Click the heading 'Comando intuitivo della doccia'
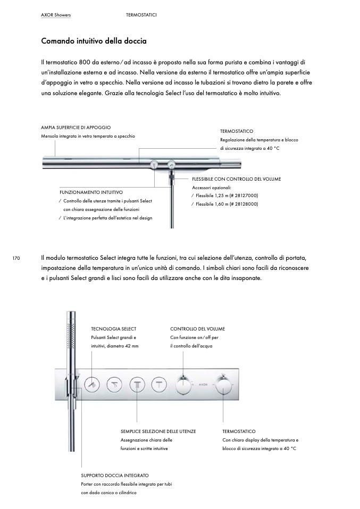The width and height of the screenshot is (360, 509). pyautogui.click(x=94, y=41)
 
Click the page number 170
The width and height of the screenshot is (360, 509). pyautogui.click(x=16, y=259)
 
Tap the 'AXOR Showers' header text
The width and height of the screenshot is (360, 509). pyautogui.click(x=56, y=15)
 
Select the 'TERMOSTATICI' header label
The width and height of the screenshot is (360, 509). pyautogui.click(x=141, y=15)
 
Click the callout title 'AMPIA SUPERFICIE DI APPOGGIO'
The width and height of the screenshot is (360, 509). pyautogui.click(x=76, y=128)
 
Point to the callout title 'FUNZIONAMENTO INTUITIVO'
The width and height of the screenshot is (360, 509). pyautogui.click(x=91, y=192)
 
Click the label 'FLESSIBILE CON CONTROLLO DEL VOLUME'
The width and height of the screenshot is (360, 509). pyautogui.click(x=236, y=179)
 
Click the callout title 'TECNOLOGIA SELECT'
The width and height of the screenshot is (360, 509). pyautogui.click(x=114, y=329)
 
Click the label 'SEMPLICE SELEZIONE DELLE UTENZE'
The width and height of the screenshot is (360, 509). pyautogui.click(x=158, y=431)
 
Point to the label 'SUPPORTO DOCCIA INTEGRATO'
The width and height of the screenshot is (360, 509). pyautogui.click(x=115, y=475)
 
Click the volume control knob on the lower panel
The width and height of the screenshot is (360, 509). pyautogui.click(x=183, y=383)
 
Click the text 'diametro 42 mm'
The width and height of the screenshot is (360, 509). pyautogui.click(x=122, y=346)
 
